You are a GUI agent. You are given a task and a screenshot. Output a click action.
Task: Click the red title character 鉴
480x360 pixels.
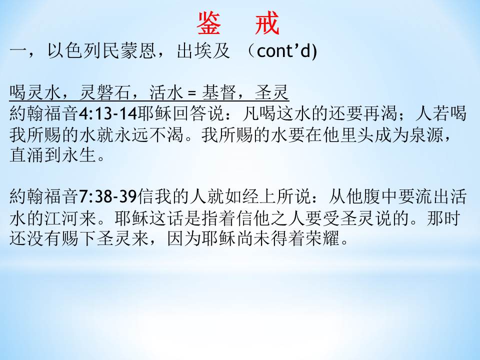tap(208, 23)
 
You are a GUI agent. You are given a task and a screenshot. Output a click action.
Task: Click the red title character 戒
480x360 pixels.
tap(267, 23)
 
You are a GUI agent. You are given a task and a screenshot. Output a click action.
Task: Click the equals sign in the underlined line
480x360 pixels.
tap(191, 93)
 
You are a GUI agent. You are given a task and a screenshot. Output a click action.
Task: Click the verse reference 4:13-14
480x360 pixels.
tap(108, 114)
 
